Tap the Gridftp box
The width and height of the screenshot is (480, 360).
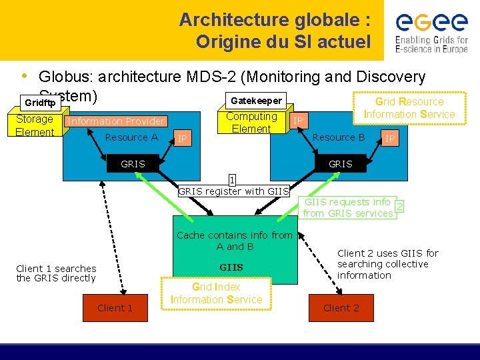coord(40,103)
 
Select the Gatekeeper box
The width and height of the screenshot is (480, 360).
coord(256,101)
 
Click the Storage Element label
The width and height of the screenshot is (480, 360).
coord(35,125)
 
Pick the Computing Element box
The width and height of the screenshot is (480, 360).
coord(251,123)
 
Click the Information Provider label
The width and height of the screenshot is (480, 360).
coord(116,121)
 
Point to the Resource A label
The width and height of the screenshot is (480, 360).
coord(131,137)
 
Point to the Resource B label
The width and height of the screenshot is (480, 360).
coord(339,137)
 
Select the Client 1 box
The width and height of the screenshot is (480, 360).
coord(115,307)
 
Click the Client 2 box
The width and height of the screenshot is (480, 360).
coord(341,307)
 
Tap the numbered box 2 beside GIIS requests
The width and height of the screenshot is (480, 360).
coord(399,207)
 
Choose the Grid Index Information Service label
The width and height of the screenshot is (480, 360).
coord(216,293)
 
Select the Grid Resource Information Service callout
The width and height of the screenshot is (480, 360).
coord(409,108)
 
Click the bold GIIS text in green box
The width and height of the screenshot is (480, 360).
coord(231,267)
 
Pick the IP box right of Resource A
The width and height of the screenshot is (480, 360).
coord(182,139)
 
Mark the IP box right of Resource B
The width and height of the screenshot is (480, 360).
coord(390,139)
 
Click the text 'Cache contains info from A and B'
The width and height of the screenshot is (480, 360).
coord(234,241)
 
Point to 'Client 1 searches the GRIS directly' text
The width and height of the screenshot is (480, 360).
coord(56,273)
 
